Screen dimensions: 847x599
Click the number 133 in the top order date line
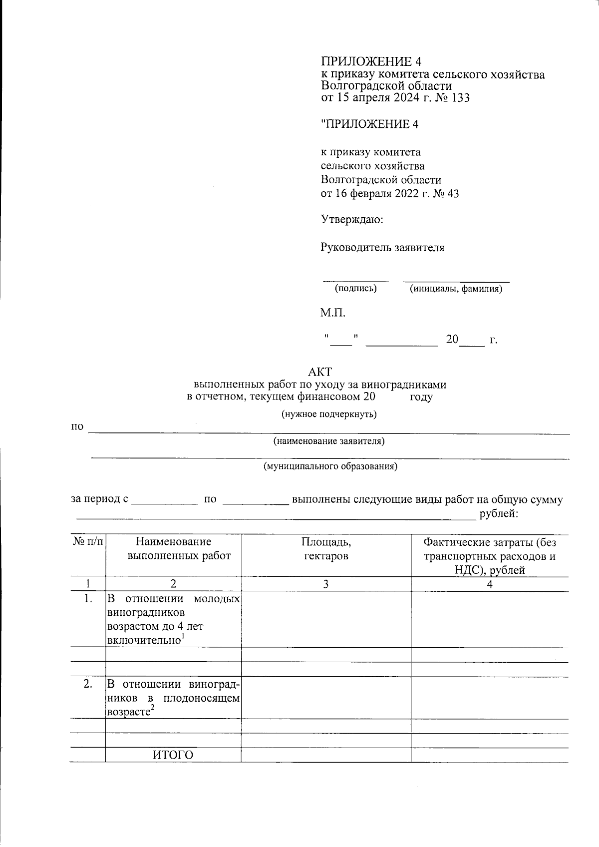click(x=460, y=98)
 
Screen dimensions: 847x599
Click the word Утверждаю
click(x=351, y=219)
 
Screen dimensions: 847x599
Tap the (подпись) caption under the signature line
click(x=355, y=289)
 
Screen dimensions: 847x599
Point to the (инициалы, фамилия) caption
click(x=456, y=289)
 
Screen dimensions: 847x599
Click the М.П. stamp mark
click(x=332, y=314)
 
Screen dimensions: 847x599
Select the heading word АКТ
click(x=320, y=372)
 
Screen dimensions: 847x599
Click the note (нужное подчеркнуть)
click(x=329, y=414)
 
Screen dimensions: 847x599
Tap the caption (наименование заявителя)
click(x=328, y=441)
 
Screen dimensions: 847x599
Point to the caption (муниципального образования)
click(x=330, y=467)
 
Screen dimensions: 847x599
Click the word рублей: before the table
click(x=498, y=514)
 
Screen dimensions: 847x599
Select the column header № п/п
click(x=88, y=542)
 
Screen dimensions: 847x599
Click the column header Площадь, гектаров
click(x=326, y=549)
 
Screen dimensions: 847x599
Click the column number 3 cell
click(x=326, y=584)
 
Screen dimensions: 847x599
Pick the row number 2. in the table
click(x=88, y=685)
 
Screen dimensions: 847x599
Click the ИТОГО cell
click(x=173, y=755)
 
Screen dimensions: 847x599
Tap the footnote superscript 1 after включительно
click(x=183, y=637)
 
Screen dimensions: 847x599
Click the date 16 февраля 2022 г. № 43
click(x=389, y=194)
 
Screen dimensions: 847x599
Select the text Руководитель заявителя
click(x=382, y=248)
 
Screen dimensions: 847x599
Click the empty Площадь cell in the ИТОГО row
click(x=326, y=755)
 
